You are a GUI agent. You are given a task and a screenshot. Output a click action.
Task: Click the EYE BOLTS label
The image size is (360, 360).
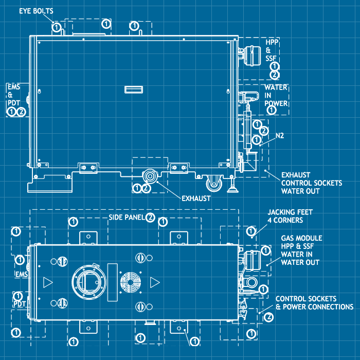point(36,10)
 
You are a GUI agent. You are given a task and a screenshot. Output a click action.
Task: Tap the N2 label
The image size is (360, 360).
point(280,136)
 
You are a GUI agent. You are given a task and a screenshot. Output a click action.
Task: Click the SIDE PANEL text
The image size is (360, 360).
point(126,218)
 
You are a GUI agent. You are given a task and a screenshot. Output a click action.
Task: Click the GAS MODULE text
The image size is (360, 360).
point(301,239)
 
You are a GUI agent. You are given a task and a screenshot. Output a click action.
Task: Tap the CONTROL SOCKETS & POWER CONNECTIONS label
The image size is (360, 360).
point(314,303)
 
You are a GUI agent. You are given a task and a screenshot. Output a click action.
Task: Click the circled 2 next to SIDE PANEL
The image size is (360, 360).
point(150,217)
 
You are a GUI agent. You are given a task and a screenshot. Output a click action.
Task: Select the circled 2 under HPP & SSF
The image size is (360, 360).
point(274,75)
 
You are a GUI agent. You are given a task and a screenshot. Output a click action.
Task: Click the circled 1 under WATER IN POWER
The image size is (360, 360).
point(272,110)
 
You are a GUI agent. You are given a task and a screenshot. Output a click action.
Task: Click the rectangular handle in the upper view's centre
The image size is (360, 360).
point(133,90)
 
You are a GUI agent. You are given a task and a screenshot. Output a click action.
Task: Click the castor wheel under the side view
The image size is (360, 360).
point(212,184)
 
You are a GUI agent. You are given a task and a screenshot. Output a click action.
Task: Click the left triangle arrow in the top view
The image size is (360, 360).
point(47,282)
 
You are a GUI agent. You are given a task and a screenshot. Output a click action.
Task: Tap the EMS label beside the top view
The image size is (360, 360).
point(21,275)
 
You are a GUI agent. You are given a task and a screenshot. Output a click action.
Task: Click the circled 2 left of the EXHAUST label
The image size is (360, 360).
point(147,188)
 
